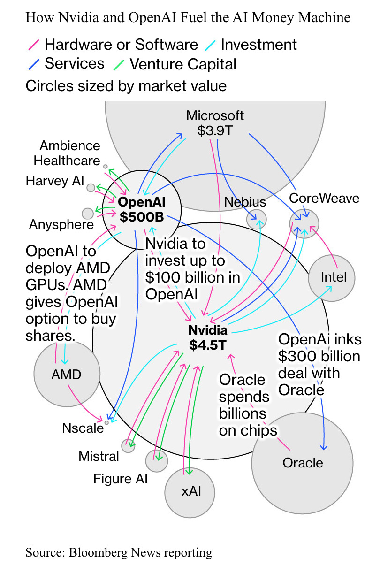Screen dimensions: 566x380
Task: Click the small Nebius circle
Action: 257,219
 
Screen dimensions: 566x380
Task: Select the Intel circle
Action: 332,277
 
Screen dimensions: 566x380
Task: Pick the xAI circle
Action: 190,492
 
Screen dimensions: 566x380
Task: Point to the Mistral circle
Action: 128,446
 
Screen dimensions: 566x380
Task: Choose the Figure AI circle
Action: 156,461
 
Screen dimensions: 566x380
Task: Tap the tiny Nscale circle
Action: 106,422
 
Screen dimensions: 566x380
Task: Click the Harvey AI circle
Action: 91,187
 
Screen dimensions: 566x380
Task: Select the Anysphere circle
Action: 88,214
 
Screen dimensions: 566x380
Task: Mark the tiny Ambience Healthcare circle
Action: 106,167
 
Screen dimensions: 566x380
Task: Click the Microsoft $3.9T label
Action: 215,123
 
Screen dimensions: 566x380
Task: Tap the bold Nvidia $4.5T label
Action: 208,337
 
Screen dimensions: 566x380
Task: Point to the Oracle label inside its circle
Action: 303,463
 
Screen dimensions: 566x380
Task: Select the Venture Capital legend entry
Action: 182,64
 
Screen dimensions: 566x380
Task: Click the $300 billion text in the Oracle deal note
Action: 319,357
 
